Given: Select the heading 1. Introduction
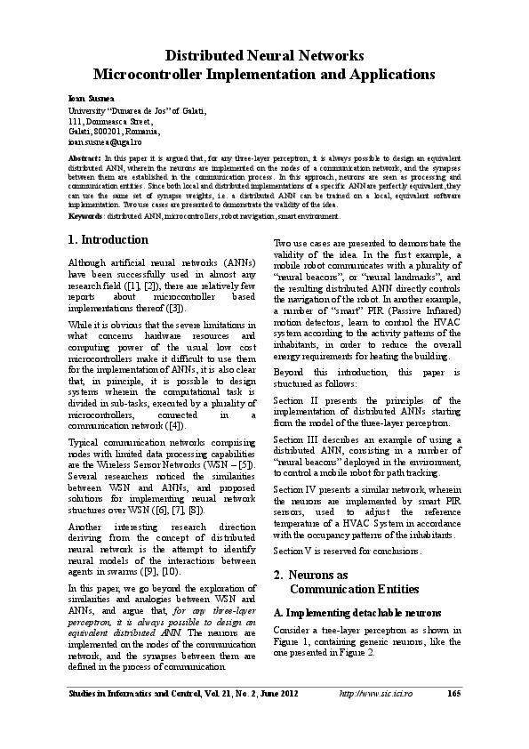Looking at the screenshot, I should click(x=108, y=240).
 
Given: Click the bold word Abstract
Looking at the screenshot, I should click(x=84, y=157).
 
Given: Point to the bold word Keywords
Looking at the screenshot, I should click(x=85, y=215).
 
